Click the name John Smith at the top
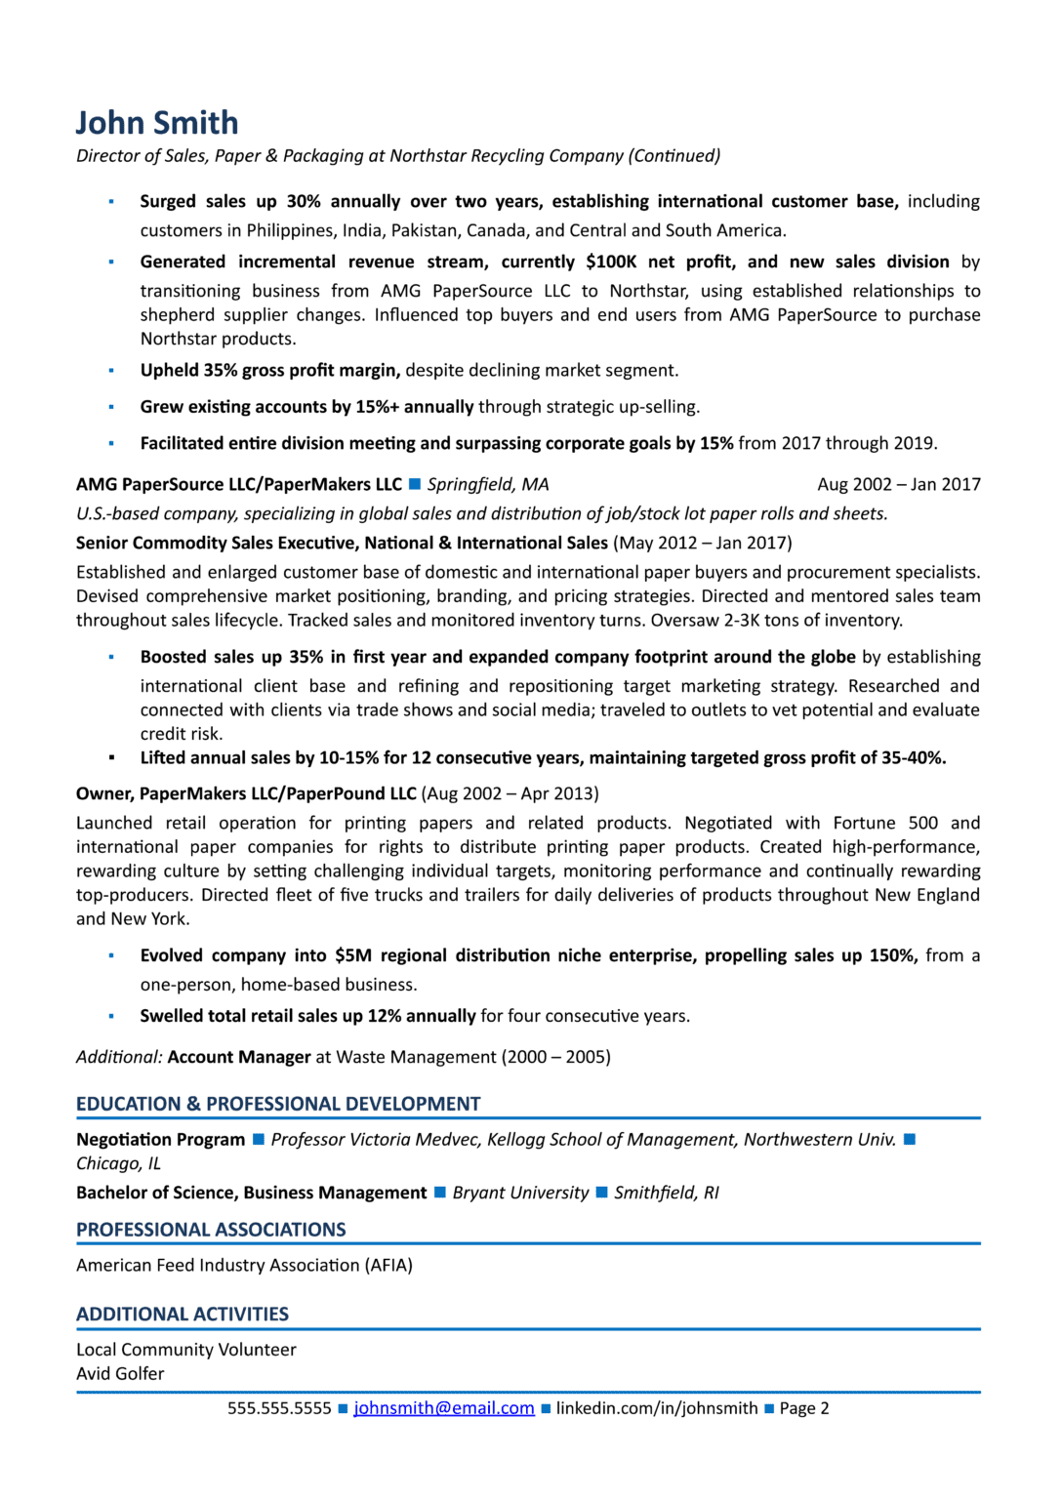[x=157, y=123]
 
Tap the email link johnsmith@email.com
[x=443, y=1408]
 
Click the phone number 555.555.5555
[x=279, y=1408]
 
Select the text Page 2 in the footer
[x=804, y=1408]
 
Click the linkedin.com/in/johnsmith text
[x=657, y=1408]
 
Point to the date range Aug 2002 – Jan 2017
[x=898, y=485]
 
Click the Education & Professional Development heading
[x=278, y=1104]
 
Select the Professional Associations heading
[x=211, y=1230]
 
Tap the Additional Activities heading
[x=183, y=1315]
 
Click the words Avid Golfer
[x=120, y=1374]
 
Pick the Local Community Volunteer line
[x=185, y=1350]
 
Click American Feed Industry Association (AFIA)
[x=244, y=1266]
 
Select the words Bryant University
[x=520, y=1194]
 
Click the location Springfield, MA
[x=488, y=485]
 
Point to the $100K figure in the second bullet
[x=611, y=262]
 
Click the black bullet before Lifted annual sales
[x=111, y=758]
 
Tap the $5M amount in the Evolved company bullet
[x=352, y=955]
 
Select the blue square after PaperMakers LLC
[x=414, y=485]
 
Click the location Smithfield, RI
[x=666, y=1194]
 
